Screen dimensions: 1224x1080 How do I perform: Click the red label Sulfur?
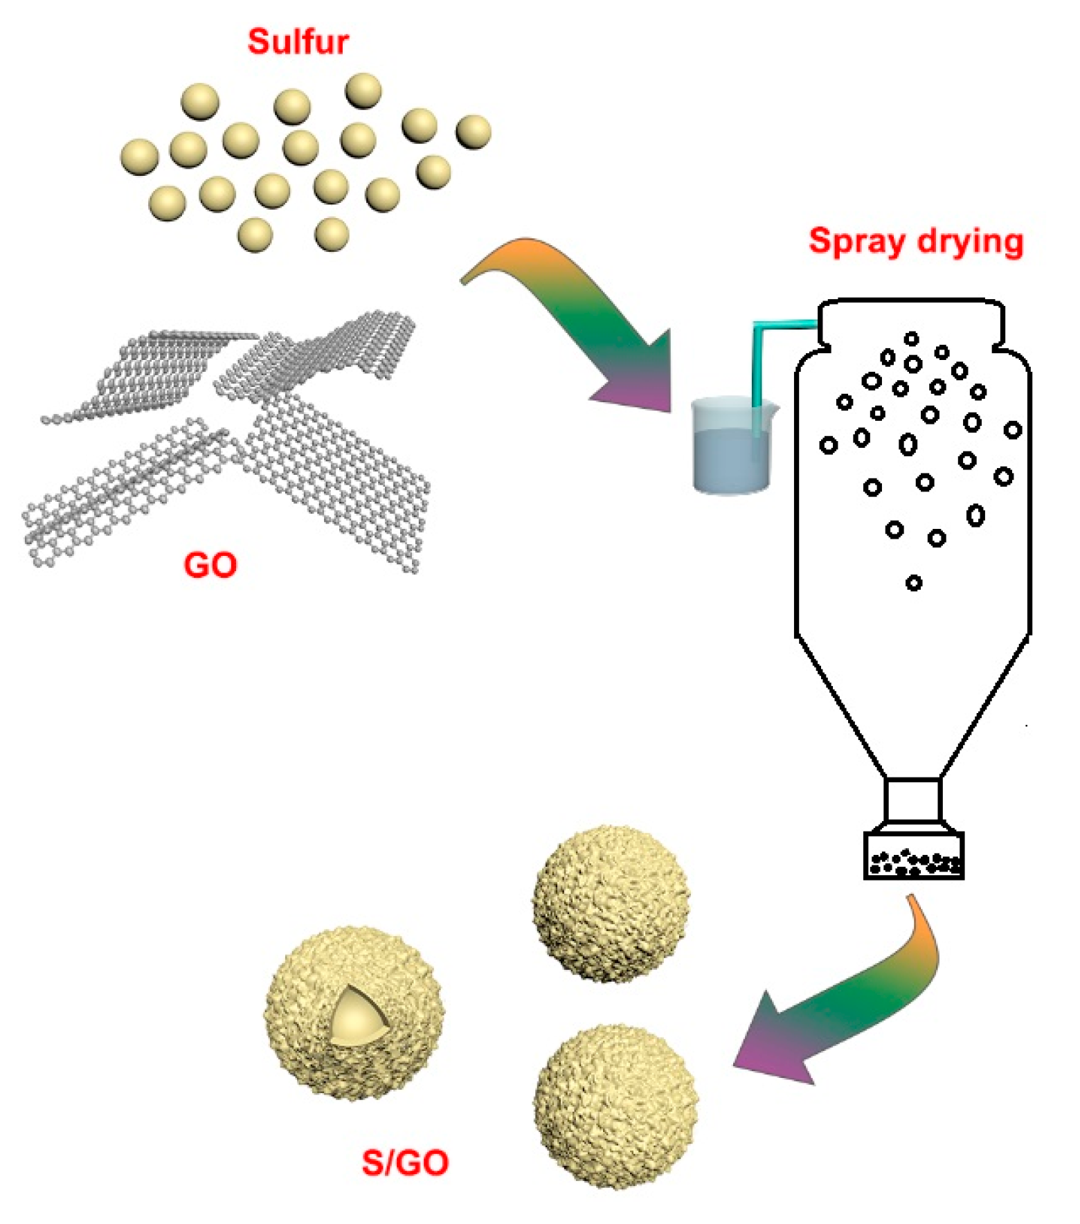(x=298, y=42)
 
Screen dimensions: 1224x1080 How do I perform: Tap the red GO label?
(x=210, y=565)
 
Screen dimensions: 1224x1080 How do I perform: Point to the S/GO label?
(x=405, y=1162)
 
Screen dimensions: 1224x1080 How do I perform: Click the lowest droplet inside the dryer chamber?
(x=914, y=583)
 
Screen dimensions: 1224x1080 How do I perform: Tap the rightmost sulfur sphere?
(x=474, y=132)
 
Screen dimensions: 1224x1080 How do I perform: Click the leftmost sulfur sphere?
(x=139, y=156)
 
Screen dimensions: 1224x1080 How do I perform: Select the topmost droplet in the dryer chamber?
(x=912, y=339)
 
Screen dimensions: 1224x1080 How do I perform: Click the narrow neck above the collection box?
(x=913, y=800)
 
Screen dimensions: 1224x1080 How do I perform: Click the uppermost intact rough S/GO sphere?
(x=611, y=903)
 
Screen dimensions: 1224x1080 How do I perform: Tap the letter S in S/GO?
(x=372, y=1162)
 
